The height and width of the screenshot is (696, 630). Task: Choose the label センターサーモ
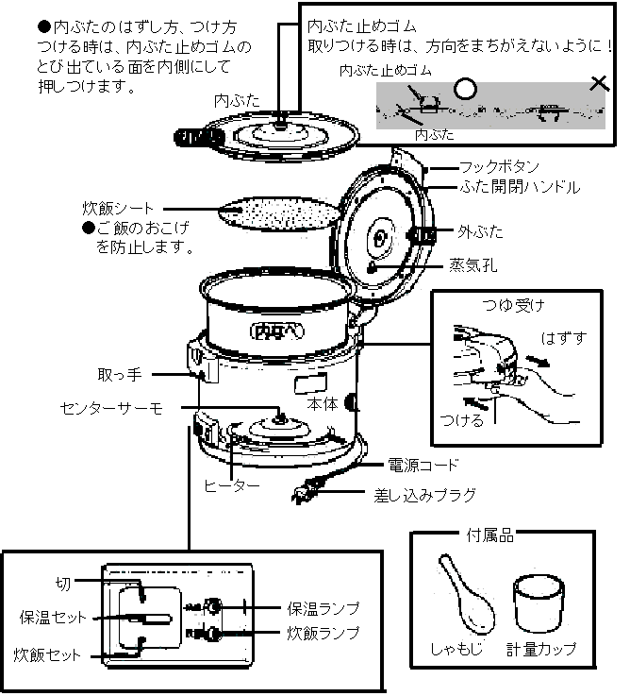(111, 407)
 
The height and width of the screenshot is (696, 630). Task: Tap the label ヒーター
(231, 484)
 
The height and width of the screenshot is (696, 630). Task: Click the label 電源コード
(423, 465)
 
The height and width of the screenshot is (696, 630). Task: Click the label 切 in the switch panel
(63, 583)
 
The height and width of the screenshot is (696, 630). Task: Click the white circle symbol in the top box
(464, 89)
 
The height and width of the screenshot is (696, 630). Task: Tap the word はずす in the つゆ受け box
(561, 336)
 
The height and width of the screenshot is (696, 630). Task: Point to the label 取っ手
(120, 375)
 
